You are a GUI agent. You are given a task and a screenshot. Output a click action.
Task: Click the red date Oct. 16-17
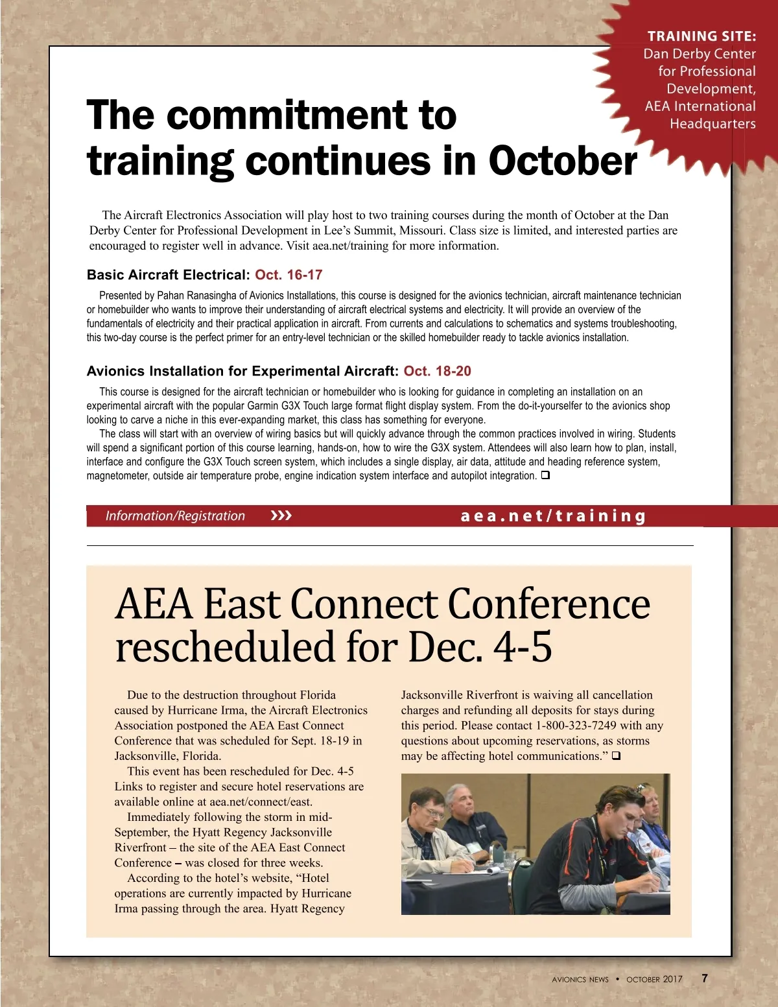(x=289, y=275)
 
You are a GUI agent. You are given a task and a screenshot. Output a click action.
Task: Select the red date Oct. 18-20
(x=437, y=372)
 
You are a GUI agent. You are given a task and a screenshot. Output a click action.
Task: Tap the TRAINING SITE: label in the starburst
(x=701, y=36)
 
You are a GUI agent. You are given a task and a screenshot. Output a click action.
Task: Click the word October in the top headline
(x=562, y=161)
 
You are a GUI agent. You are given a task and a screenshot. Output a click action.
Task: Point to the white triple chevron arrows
(x=281, y=516)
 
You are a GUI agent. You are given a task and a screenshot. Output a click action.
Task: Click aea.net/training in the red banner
(x=553, y=516)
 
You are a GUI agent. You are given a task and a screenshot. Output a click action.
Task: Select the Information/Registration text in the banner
(x=175, y=516)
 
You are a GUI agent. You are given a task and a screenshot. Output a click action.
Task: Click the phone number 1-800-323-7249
(x=576, y=726)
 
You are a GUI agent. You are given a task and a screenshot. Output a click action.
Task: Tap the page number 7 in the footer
(x=705, y=978)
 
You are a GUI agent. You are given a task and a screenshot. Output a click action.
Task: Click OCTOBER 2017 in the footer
(x=654, y=979)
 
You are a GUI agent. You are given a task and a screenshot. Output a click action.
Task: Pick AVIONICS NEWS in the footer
(x=580, y=979)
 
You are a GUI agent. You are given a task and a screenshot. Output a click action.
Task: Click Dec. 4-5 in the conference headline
(x=480, y=647)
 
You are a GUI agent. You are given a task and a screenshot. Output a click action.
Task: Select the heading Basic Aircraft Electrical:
(x=169, y=275)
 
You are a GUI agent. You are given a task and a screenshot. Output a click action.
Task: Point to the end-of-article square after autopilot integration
(x=545, y=475)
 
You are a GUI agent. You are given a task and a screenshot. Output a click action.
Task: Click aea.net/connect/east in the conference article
(x=261, y=802)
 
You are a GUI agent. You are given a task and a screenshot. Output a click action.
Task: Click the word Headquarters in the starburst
(x=713, y=124)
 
